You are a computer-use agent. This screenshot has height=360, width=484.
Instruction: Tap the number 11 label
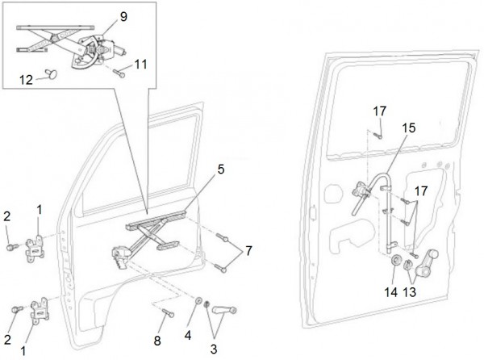click(140, 63)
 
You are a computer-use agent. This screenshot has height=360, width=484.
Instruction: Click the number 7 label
click(248, 252)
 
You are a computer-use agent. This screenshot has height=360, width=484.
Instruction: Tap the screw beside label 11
click(119, 73)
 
